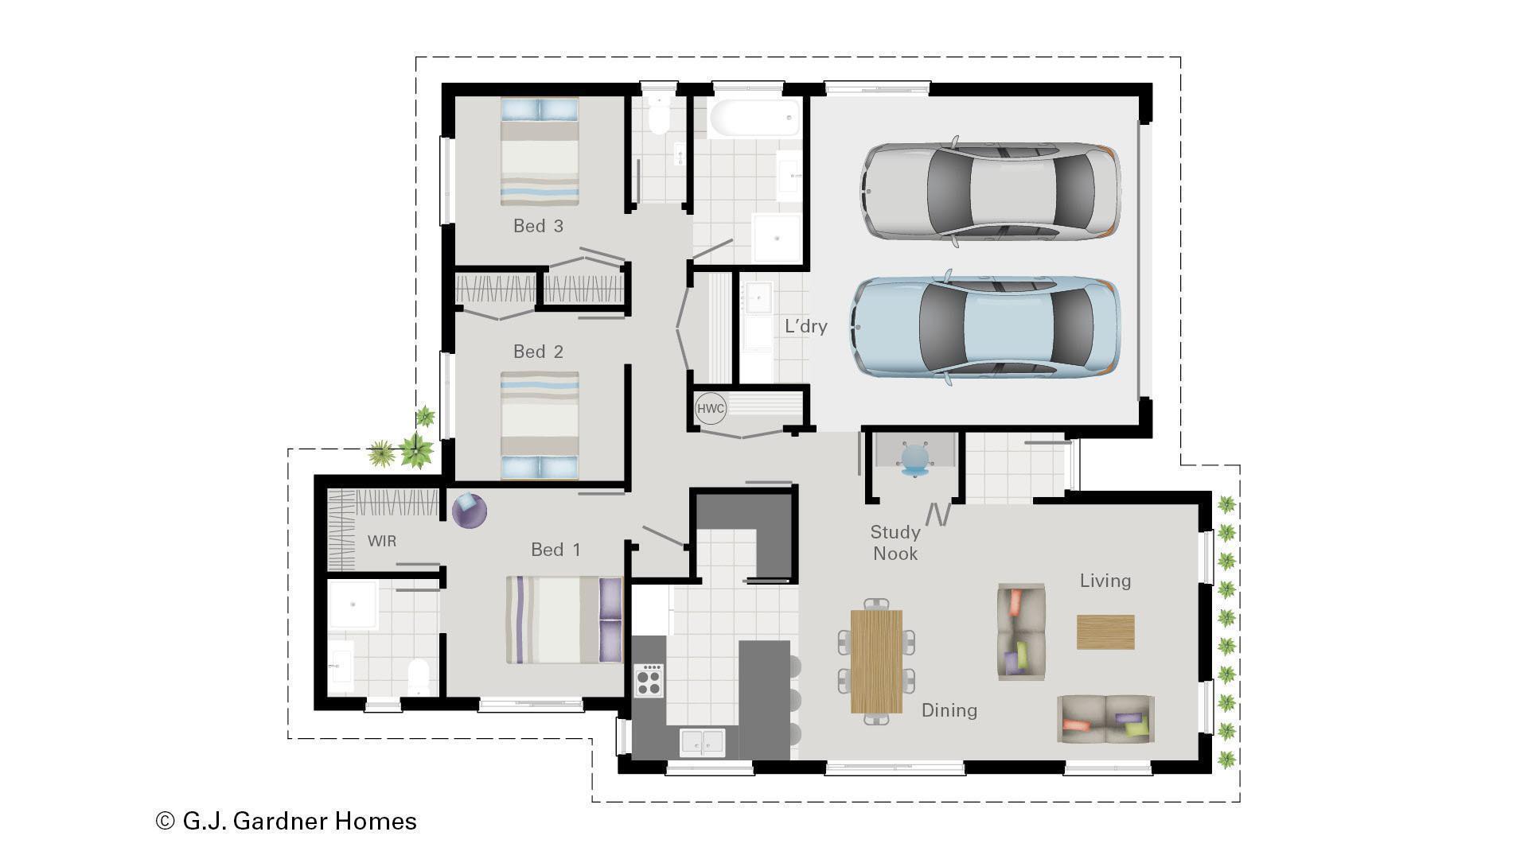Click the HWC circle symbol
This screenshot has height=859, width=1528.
click(710, 409)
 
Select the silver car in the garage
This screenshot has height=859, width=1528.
click(990, 191)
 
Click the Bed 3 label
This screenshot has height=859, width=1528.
click(538, 226)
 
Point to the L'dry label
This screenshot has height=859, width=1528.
click(805, 326)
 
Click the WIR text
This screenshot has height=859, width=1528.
click(381, 541)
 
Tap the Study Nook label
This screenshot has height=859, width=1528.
click(895, 542)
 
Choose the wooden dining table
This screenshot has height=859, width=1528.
click(876, 662)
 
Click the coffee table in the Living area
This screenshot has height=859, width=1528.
click(1105, 632)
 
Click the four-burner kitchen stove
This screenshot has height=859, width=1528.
click(649, 681)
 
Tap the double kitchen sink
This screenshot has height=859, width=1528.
click(702, 742)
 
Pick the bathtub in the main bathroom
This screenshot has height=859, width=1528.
click(754, 118)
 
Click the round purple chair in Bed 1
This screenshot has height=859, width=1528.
click(469, 510)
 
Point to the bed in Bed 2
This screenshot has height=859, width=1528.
click(540, 425)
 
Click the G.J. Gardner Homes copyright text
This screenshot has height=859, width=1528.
click(286, 821)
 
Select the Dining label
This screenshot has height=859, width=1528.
click(949, 710)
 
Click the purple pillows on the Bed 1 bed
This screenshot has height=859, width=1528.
click(610, 620)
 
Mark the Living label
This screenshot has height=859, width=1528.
click(1105, 581)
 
